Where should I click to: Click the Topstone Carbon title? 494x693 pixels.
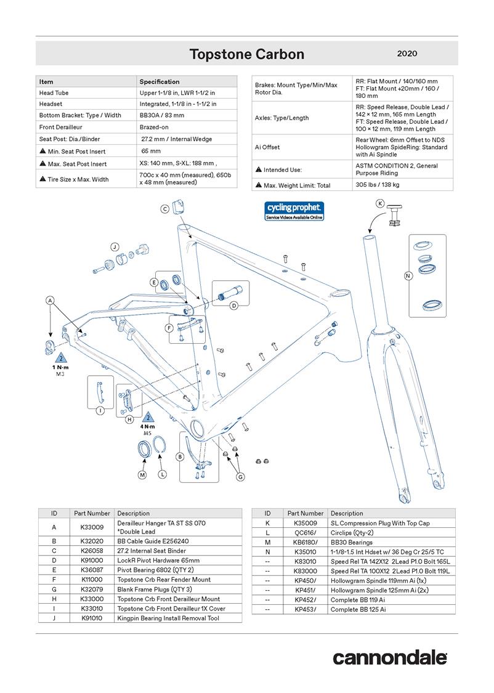click(x=246, y=54)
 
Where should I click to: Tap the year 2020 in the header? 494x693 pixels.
click(x=407, y=54)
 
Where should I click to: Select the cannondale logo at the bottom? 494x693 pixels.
click(x=390, y=657)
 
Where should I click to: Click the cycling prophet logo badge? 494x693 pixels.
click(x=294, y=210)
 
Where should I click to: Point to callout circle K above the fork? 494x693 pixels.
click(x=379, y=203)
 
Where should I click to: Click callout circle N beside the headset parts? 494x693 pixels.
click(x=407, y=276)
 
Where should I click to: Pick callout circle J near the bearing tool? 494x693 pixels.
click(x=114, y=247)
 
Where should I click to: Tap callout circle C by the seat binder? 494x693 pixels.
click(x=165, y=209)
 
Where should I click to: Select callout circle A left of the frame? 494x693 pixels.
click(x=50, y=300)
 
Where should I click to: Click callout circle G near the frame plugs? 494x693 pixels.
click(x=241, y=476)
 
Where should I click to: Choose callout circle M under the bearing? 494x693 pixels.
click(x=142, y=475)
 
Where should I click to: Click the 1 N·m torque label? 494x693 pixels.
click(x=60, y=367)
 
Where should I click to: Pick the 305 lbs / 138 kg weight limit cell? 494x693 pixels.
click(x=378, y=185)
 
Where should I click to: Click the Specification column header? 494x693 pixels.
click(x=160, y=81)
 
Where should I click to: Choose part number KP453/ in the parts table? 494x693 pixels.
click(x=306, y=609)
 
